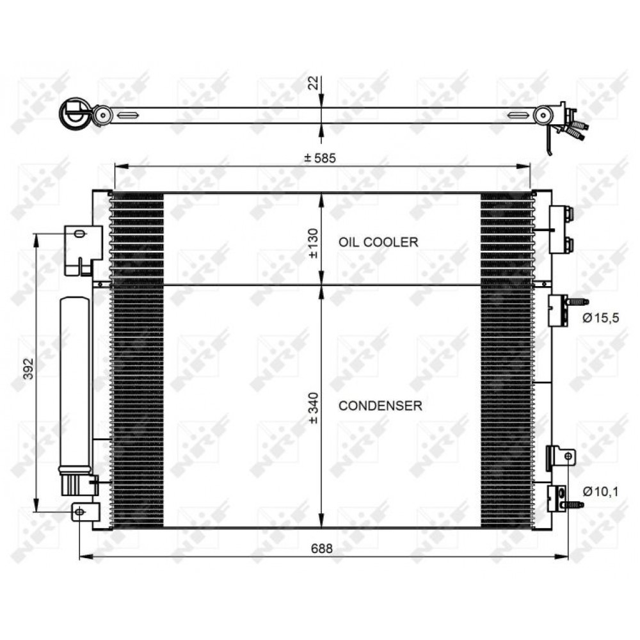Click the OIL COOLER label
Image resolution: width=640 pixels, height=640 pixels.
[x=378, y=242]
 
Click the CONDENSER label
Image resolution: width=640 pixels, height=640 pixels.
[x=380, y=406]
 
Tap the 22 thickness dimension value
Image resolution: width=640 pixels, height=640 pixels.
[x=313, y=83]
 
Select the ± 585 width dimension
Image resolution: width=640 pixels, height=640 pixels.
[x=321, y=158]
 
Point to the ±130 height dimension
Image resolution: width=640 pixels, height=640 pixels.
[x=313, y=243]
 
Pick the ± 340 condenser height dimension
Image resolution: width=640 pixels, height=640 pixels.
[x=313, y=408]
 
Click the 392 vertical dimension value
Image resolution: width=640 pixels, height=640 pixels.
[x=28, y=369]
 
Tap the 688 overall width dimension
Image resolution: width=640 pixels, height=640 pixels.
[x=322, y=548]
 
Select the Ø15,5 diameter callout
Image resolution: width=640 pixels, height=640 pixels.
[x=601, y=317]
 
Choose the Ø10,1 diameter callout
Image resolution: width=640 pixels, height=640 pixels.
[x=600, y=492]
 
